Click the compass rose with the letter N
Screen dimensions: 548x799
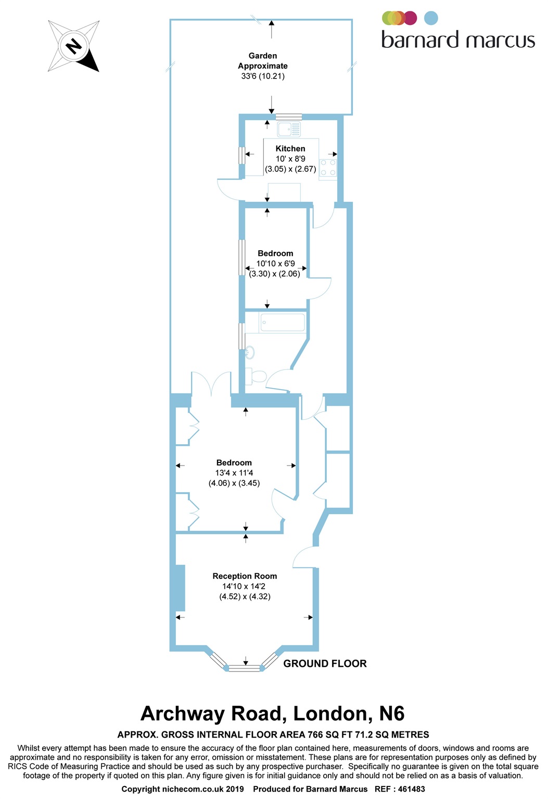[x=74, y=46]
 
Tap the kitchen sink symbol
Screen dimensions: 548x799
[x=289, y=129]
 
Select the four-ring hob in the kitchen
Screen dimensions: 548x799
[x=328, y=167]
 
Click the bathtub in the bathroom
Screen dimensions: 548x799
[x=283, y=323]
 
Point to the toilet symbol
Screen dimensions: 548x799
[x=256, y=376]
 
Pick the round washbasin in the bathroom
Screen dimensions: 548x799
[x=250, y=352]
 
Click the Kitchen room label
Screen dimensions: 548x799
[x=290, y=148]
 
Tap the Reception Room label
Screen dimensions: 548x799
[x=245, y=576]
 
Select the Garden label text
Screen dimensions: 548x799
[x=263, y=56]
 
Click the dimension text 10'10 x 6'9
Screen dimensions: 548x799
[x=275, y=264]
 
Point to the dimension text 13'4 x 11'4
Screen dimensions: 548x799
[x=234, y=473]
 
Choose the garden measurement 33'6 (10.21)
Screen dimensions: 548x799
[x=263, y=76]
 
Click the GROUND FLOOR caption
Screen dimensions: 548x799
[x=325, y=663]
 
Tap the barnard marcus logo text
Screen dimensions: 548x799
[x=458, y=39]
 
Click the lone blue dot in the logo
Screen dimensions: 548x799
[x=431, y=18]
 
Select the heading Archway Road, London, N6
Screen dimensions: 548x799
[x=273, y=714]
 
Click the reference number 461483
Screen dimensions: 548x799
[x=411, y=789]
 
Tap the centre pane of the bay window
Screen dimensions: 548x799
[x=245, y=668]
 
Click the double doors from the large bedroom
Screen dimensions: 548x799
[x=211, y=384]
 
